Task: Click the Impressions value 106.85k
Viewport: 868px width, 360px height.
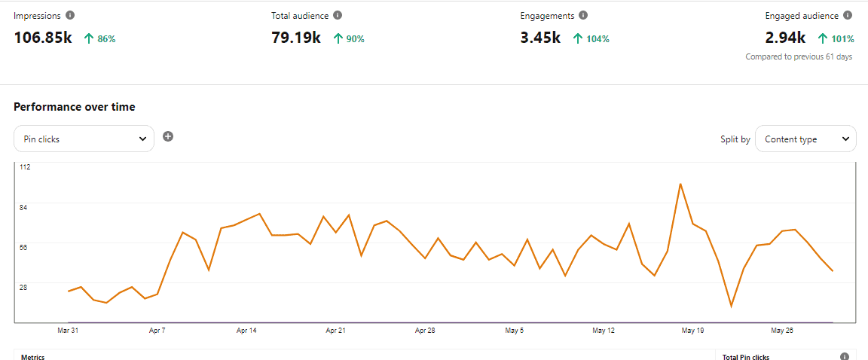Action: pyautogui.click(x=43, y=38)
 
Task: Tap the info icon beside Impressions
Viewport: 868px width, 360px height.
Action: pyautogui.click(x=70, y=15)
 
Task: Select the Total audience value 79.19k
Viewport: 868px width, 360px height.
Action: pyautogui.click(x=296, y=38)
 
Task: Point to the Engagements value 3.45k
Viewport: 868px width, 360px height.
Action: pyautogui.click(x=540, y=38)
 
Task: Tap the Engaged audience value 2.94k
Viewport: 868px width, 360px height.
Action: pyautogui.click(x=785, y=38)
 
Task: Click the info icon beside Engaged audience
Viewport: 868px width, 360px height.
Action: pyautogui.click(x=848, y=15)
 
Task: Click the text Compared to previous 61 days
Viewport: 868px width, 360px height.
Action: pyautogui.click(x=799, y=56)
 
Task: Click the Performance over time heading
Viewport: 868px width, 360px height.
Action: pyautogui.click(x=75, y=107)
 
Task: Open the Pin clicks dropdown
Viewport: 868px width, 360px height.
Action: pyautogui.click(x=84, y=139)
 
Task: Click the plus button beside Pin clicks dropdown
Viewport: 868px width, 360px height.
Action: pyautogui.click(x=168, y=136)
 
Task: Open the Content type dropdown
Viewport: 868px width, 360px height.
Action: pyautogui.click(x=805, y=139)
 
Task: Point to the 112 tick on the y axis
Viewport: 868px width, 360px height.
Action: pyautogui.click(x=25, y=167)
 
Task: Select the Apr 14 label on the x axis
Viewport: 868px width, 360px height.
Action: pyautogui.click(x=247, y=331)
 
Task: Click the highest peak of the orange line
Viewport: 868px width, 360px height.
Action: pyautogui.click(x=680, y=184)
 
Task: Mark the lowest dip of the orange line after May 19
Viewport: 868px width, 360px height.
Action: pyautogui.click(x=731, y=307)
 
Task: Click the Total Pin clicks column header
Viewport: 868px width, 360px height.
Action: pyautogui.click(x=746, y=357)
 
